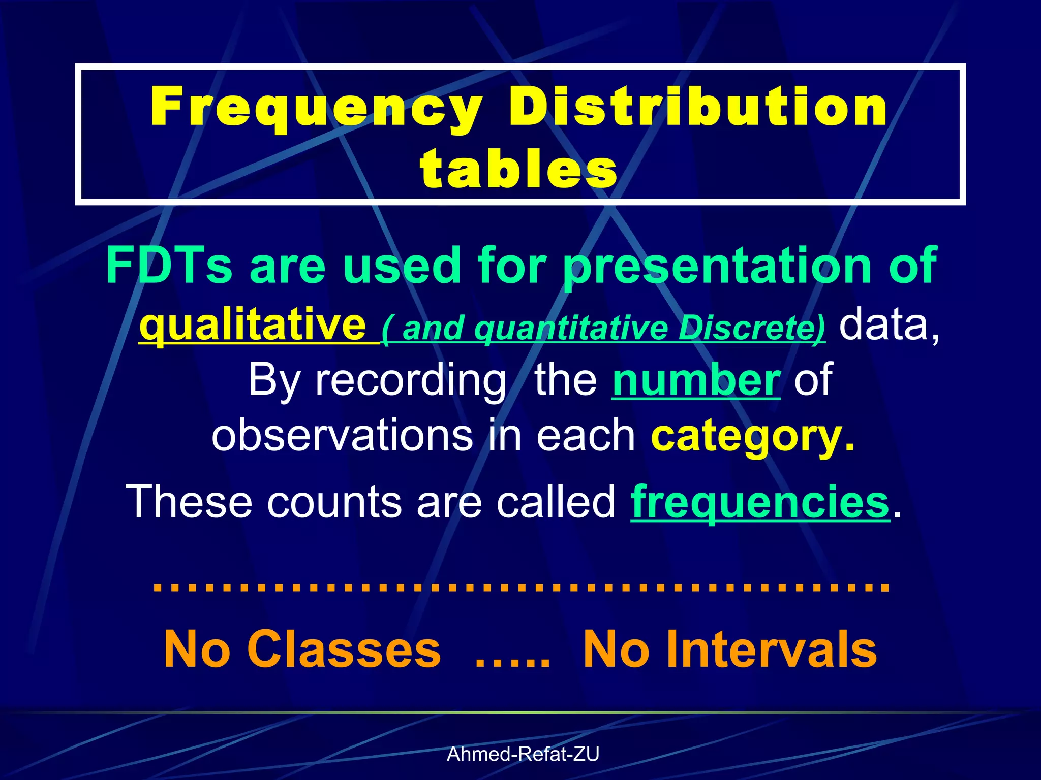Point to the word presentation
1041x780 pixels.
click(x=717, y=266)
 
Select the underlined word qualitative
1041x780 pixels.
click(x=253, y=325)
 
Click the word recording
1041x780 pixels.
click(x=411, y=381)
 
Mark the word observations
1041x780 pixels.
click(x=342, y=436)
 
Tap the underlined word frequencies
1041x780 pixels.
click(x=760, y=502)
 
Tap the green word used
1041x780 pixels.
click(x=401, y=265)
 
